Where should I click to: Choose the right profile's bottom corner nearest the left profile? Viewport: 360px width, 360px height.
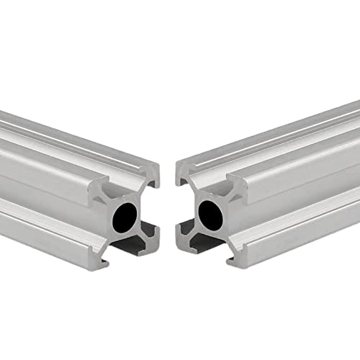click(181, 235)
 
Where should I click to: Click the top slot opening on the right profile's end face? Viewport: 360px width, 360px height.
click(209, 177)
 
